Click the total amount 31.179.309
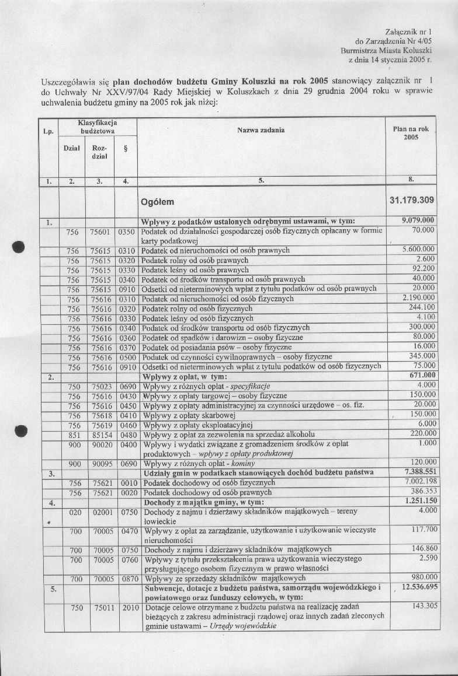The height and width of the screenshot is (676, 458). (x=411, y=201)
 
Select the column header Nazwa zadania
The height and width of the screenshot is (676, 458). (x=261, y=130)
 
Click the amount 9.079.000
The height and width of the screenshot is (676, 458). (x=419, y=220)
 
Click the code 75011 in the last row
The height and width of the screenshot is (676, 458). (x=100, y=607)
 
